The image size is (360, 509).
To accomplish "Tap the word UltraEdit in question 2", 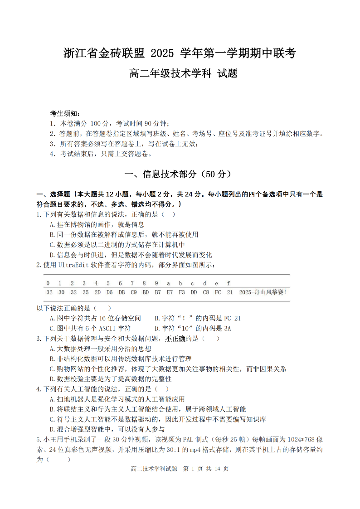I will [74, 265].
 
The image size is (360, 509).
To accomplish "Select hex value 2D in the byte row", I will [97, 292].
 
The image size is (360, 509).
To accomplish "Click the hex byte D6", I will [109, 292].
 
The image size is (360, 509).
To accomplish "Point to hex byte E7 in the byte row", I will [170, 292].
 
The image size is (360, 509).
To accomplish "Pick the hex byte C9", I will [133, 292].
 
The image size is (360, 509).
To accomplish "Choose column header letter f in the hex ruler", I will [229, 283].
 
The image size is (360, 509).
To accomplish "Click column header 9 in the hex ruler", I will [156, 283].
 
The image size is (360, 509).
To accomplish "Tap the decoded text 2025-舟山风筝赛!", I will [263, 292].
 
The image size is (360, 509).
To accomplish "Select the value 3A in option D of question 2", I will [226, 328].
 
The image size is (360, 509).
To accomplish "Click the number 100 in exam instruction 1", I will [97, 123].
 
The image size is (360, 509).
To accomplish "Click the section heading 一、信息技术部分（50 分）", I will [180, 174].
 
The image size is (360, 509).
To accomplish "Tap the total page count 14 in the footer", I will [216, 469].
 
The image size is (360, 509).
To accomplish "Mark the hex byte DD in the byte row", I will [194, 292].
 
